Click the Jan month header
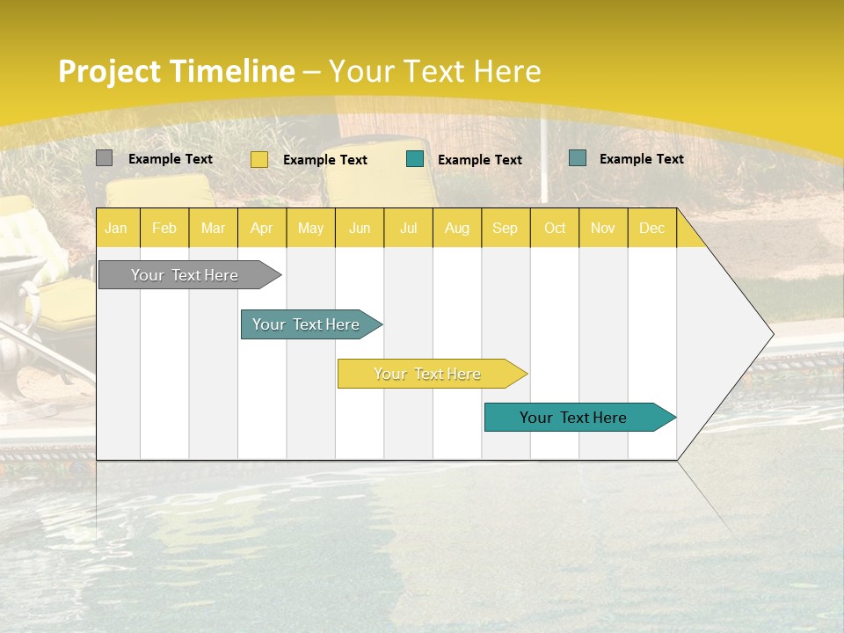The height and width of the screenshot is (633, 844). pyautogui.click(x=116, y=229)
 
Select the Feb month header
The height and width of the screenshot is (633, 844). pyautogui.click(x=164, y=229)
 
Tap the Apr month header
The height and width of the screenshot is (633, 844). pyautogui.click(x=261, y=229)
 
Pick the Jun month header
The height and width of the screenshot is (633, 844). pyautogui.click(x=360, y=229)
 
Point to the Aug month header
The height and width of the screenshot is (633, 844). pyautogui.click(x=456, y=229)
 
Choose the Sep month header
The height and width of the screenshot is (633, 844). pyautogui.click(x=505, y=229)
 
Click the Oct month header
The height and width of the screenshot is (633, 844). pyautogui.click(x=555, y=229)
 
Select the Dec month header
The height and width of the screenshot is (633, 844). pyautogui.click(x=651, y=229)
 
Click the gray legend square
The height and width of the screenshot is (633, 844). pyautogui.click(x=104, y=158)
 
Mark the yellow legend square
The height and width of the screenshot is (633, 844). pyautogui.click(x=259, y=159)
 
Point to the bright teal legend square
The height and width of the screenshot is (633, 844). pyautogui.click(x=415, y=159)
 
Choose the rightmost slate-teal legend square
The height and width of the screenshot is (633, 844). pyautogui.click(x=578, y=158)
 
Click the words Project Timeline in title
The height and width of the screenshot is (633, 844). pyautogui.click(x=176, y=71)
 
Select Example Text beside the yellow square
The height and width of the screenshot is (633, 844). pyautogui.click(x=325, y=160)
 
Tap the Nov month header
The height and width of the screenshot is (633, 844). pyautogui.click(x=603, y=229)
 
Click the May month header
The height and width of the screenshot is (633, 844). pyautogui.click(x=310, y=229)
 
